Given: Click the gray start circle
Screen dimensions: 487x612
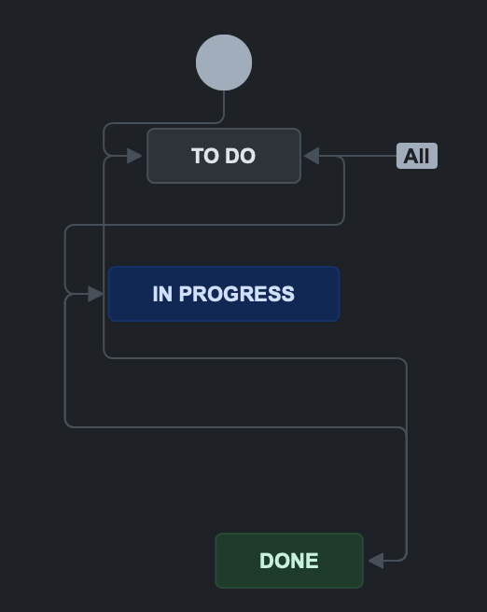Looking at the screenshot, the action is pos(224,63).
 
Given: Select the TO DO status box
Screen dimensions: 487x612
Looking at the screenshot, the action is pos(224,156).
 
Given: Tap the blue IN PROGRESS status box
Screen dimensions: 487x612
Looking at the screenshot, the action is pos(224,294).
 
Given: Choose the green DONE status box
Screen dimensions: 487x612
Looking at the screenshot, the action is pos(289,561).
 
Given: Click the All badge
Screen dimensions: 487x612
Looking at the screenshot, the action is pos(417,156).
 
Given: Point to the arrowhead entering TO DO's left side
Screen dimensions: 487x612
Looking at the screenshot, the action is pos(134,156).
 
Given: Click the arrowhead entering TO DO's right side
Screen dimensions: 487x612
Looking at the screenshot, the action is pos(312,156).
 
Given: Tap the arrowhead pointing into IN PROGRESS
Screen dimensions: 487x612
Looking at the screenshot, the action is pos(95,294).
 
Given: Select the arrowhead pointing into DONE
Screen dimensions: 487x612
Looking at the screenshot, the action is pos(376,561).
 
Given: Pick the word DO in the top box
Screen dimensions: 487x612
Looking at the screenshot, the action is pos(240,156).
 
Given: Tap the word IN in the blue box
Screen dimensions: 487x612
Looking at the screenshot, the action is pos(162,294).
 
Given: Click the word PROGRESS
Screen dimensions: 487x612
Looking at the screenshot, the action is pos(236,294).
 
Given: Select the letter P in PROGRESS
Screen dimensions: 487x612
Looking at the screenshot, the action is pos(186,294).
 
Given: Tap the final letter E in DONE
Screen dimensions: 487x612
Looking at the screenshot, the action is pos(313,561).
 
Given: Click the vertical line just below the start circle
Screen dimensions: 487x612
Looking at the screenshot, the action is pos(224,104).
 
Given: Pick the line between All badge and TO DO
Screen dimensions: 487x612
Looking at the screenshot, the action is pos(357,156).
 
